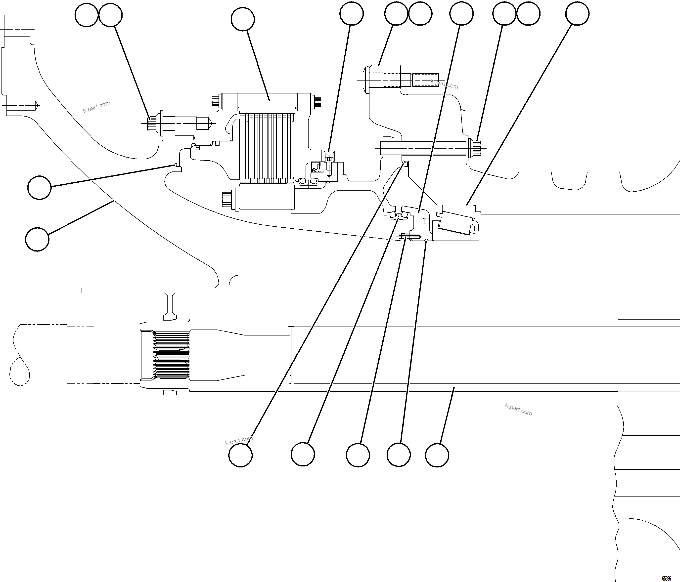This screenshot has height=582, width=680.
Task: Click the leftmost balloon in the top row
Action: (87, 15)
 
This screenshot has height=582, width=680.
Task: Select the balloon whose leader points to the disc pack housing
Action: (243, 19)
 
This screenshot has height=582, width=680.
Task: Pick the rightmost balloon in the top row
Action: (577, 13)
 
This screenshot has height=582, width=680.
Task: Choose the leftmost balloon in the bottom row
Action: (241, 455)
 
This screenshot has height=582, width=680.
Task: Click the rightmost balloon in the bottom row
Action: (437, 455)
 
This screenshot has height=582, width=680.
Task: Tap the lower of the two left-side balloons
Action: (37, 240)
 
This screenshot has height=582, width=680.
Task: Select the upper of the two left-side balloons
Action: (39, 188)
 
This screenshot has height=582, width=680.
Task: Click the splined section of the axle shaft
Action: (171, 355)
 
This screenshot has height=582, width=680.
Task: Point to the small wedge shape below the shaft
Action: (170, 392)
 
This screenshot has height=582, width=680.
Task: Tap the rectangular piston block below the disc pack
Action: (267, 196)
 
